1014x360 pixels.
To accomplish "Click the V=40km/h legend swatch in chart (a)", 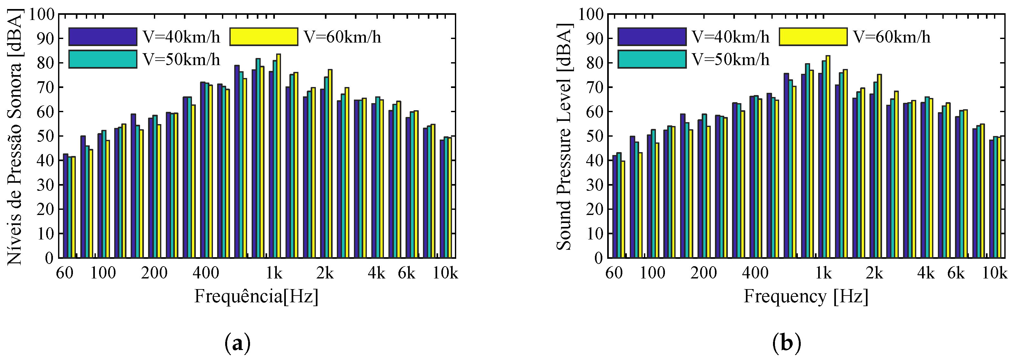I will (x=103, y=37).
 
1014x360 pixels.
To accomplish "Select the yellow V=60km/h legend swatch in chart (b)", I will (x=813, y=37).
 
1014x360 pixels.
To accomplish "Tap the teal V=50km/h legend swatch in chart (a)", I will (x=103, y=59).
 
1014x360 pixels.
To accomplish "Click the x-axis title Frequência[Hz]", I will (x=256, y=296).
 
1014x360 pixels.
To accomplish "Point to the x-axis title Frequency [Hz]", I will (x=806, y=296).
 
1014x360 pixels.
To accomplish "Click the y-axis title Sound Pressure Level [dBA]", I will (x=564, y=136).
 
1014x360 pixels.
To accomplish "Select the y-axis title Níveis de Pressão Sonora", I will (x=15, y=136).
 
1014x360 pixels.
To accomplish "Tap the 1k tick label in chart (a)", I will (x=274, y=273).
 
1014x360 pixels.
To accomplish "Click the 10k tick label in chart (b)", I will (x=994, y=273).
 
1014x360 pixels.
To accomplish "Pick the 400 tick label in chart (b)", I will (x=755, y=273).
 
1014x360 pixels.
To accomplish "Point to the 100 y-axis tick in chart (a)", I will (x=41, y=14).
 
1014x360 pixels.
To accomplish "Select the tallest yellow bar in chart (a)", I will (x=278, y=157).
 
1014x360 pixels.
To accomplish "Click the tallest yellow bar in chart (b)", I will (x=828, y=157).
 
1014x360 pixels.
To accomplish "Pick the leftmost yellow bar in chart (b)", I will (x=623, y=209).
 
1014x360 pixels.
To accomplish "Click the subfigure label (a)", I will (x=237, y=343).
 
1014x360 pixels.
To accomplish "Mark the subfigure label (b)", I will (x=787, y=343).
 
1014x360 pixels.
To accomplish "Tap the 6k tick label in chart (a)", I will (x=407, y=273).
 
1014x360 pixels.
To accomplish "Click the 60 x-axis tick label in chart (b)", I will (x=614, y=273).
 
